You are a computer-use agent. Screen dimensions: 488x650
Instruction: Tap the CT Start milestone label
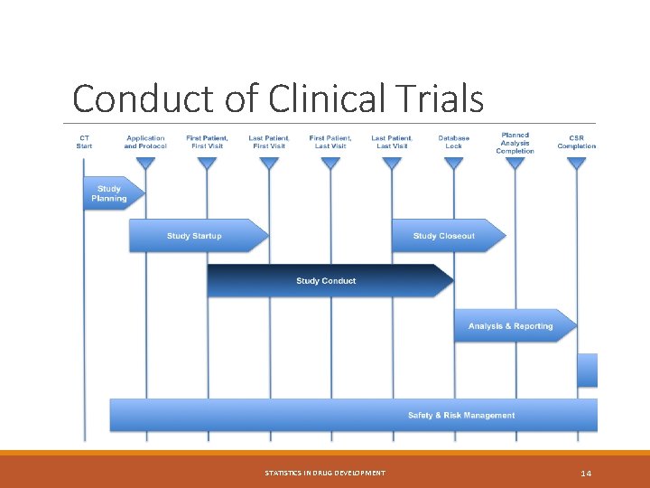tap(84, 142)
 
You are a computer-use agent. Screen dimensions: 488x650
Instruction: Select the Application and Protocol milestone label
tap(145, 142)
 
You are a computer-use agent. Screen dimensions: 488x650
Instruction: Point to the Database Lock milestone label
tap(453, 142)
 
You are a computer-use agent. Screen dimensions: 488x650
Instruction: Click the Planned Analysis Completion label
tap(515, 143)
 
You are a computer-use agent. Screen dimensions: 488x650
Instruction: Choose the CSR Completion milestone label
tap(576, 142)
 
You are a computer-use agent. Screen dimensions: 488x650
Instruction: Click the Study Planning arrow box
tap(109, 193)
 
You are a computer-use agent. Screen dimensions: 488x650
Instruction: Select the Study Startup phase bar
tap(194, 236)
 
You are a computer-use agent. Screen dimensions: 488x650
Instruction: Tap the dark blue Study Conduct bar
tap(326, 281)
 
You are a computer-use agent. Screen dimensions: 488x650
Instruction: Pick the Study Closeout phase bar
tap(444, 236)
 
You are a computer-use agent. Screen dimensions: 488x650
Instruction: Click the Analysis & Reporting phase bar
tap(511, 325)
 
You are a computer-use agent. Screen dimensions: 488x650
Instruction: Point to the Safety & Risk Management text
tap(461, 416)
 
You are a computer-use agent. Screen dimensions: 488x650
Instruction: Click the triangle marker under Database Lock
tap(453, 164)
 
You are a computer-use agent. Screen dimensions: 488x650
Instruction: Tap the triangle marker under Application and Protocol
tap(145, 164)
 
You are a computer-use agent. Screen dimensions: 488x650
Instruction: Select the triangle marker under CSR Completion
tap(576, 164)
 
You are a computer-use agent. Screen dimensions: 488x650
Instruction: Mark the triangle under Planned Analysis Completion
tap(515, 164)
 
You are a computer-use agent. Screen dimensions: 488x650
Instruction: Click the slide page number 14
tap(586, 473)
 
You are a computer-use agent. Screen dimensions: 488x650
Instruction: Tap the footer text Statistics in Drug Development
tap(325, 473)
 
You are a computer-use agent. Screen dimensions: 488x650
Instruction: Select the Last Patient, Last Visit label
tap(392, 142)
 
